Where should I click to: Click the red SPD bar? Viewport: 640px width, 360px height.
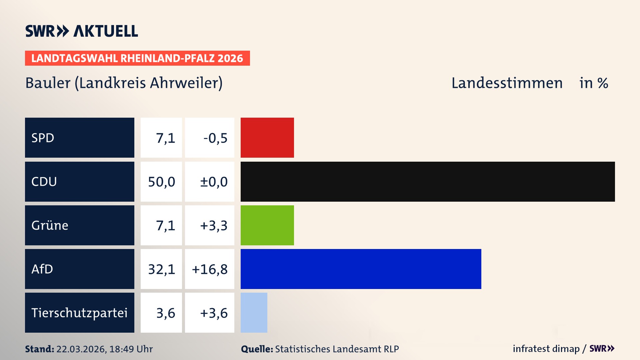pos(267,138)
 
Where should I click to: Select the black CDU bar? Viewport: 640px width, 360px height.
pos(428,182)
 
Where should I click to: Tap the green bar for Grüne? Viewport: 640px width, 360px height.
pos(267,225)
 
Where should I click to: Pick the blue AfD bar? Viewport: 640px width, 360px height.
pos(361,269)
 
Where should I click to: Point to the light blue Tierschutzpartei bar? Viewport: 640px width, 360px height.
pos(254,313)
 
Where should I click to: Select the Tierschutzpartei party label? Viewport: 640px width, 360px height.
pos(79,313)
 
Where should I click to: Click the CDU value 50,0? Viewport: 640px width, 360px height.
pos(161,182)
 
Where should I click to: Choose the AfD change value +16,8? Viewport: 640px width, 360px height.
pos(210,269)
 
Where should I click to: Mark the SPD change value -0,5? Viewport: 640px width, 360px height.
pos(215,138)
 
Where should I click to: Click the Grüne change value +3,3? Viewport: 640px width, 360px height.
pos(213,225)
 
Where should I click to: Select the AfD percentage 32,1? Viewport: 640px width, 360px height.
pos(161,269)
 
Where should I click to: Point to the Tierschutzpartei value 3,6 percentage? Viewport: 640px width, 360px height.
pos(165,313)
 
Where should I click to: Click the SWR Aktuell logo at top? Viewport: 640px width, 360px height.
pos(82,31)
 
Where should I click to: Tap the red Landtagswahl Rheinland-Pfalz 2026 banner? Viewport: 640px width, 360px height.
pos(137,58)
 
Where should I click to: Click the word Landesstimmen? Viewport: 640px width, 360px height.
pos(507,83)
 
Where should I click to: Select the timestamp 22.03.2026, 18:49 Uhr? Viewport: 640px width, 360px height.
pos(104,349)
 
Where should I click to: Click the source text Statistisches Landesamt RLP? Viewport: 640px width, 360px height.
pos(337,349)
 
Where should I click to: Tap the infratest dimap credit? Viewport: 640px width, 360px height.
pos(546,349)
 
